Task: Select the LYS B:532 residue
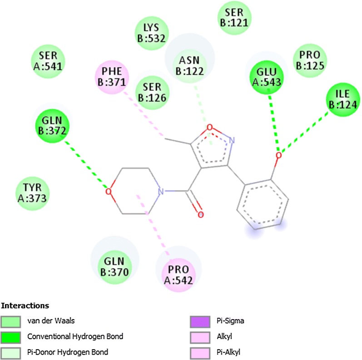coord(153,34)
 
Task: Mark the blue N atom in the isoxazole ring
coord(232,141)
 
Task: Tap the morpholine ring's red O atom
coord(108,191)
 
